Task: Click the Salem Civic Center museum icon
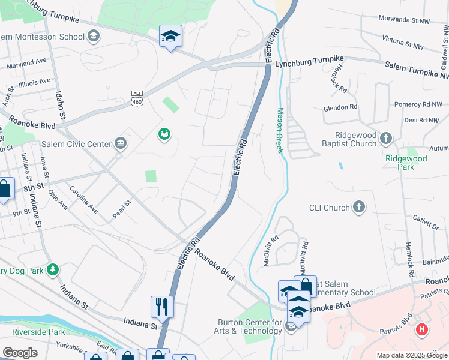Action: pos(120,143)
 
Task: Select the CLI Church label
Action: pos(328,208)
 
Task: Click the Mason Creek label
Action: pos(280,130)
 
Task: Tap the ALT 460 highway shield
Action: pos(137,98)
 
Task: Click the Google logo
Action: pos(19,353)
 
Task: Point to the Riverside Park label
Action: pos(38,331)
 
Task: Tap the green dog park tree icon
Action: pos(53,269)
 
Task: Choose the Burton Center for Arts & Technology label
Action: pos(250,326)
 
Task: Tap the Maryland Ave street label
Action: pos(26,61)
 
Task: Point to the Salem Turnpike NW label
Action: pos(417,69)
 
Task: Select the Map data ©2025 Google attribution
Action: pos(411,355)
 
